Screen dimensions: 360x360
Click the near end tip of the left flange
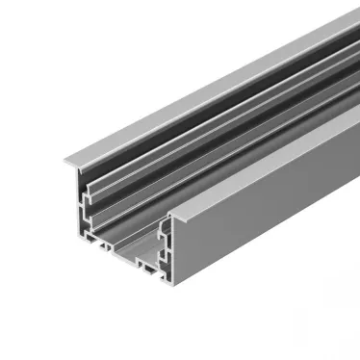pos(68,160)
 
